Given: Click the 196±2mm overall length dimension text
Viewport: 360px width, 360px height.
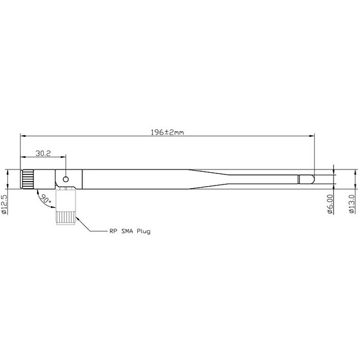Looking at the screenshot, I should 167,133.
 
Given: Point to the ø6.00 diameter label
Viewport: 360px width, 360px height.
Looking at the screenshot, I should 330,203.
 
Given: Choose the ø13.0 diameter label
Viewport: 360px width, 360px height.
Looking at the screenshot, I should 351,203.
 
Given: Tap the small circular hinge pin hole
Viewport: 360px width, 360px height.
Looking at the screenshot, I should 66,179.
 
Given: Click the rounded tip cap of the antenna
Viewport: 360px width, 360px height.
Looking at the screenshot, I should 306,179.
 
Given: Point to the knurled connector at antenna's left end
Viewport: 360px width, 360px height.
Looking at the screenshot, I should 28,179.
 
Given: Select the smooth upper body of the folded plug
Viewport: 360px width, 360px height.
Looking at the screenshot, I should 66,198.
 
